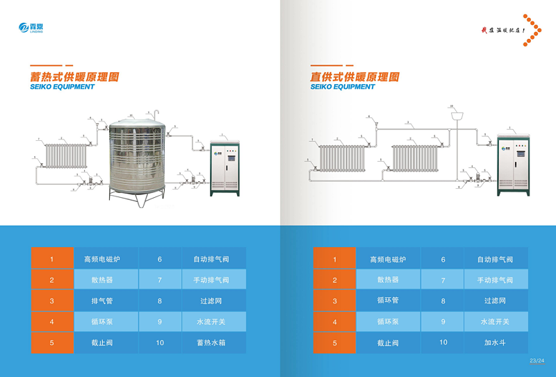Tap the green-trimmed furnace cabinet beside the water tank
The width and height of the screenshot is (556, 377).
(225, 164)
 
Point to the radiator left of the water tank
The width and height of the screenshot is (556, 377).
(65, 157)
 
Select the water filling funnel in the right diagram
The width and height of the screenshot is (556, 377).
(457, 117)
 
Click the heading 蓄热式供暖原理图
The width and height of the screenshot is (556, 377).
(74, 77)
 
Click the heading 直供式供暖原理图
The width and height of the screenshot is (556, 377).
(354, 77)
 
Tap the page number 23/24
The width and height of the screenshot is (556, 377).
(537, 360)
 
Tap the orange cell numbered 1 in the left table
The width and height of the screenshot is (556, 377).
(51, 259)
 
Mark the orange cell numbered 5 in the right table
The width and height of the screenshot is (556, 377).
(334, 342)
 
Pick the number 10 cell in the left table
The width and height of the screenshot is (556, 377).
(160, 342)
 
